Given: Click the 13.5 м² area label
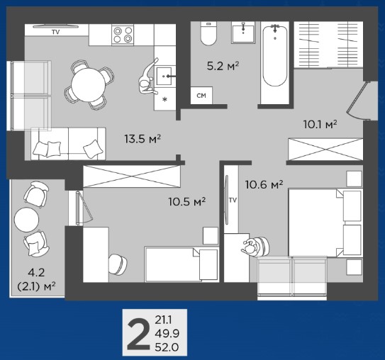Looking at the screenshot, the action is (x=143, y=139).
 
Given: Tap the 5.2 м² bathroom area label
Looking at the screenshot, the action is (x=223, y=66).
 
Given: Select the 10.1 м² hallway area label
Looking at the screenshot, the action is (x=320, y=125).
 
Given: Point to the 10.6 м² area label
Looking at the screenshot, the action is (x=264, y=184).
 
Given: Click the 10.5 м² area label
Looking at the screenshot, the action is (x=187, y=202).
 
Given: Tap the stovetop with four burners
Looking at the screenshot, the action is (x=123, y=35).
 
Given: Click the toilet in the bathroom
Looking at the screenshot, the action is (x=208, y=33).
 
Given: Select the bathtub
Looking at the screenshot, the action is (x=275, y=56).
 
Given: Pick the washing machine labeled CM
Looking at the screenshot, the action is (x=201, y=96).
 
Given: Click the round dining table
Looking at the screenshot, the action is (x=88, y=85).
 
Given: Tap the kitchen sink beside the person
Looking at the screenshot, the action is (x=164, y=76).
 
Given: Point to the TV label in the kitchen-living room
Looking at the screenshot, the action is (x=56, y=32).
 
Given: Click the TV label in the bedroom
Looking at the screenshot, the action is (x=233, y=201).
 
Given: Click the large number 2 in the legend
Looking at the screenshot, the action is (x=138, y=333).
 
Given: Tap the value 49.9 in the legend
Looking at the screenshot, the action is (x=167, y=334).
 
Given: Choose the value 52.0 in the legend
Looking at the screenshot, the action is (x=167, y=347).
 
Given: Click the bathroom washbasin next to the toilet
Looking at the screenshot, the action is (x=243, y=33).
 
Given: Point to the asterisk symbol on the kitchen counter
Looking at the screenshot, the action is (x=165, y=99).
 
